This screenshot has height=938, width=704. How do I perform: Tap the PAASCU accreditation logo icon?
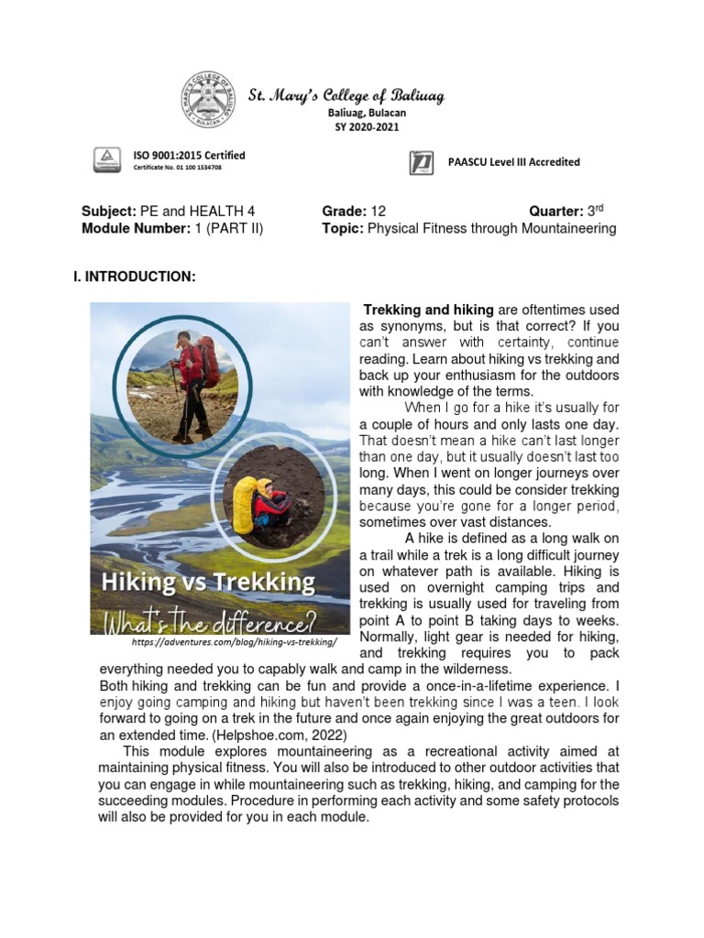(x=421, y=163)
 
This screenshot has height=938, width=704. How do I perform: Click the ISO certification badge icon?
(x=107, y=160)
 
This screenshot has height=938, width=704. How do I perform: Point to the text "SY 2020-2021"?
(x=367, y=126)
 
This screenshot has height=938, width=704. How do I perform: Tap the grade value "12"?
(x=379, y=211)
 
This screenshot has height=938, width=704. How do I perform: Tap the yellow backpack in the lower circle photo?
(x=244, y=505)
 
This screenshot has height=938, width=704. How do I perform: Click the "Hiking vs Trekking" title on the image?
(x=207, y=582)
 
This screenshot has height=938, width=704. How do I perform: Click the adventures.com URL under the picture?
(x=228, y=643)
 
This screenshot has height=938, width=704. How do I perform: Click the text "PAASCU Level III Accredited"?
(x=513, y=162)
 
